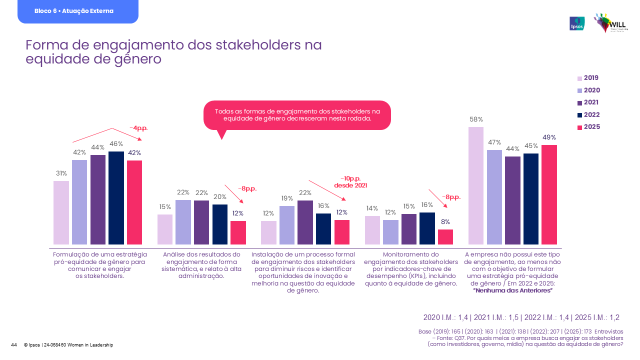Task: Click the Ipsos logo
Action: [x=577, y=23]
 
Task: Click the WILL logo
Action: [x=610, y=23]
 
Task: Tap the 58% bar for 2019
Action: [x=476, y=185]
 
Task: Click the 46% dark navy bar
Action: [x=116, y=197]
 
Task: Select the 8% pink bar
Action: [x=445, y=236]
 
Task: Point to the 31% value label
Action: [x=61, y=173]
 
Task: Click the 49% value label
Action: [x=549, y=137]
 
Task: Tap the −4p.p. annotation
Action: [x=138, y=128]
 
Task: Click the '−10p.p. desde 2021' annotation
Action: [x=354, y=182]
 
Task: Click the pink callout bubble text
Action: [x=297, y=114]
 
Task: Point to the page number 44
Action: [x=14, y=345]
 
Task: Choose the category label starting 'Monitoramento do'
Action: [x=411, y=269]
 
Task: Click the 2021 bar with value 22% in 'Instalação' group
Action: [x=305, y=222]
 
